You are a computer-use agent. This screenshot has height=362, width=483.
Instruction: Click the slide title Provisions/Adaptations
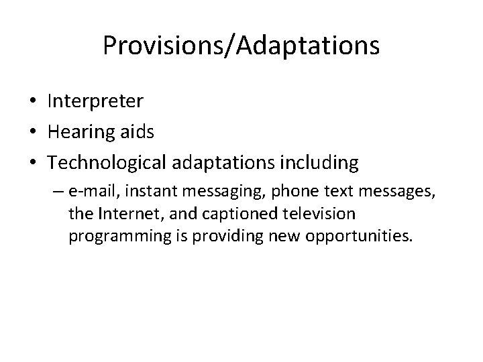click(241, 46)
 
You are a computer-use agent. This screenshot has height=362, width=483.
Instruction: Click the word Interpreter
click(95, 101)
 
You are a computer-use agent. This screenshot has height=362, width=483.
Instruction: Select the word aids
click(138, 131)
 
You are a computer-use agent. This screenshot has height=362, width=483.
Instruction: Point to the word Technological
click(111, 163)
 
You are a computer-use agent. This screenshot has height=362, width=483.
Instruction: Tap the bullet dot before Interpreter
click(32, 102)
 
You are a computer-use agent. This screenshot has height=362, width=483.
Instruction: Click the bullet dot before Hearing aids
click(32, 133)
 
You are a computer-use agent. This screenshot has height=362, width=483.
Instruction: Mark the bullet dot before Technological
click(32, 164)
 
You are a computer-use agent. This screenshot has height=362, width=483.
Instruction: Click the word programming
click(116, 237)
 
